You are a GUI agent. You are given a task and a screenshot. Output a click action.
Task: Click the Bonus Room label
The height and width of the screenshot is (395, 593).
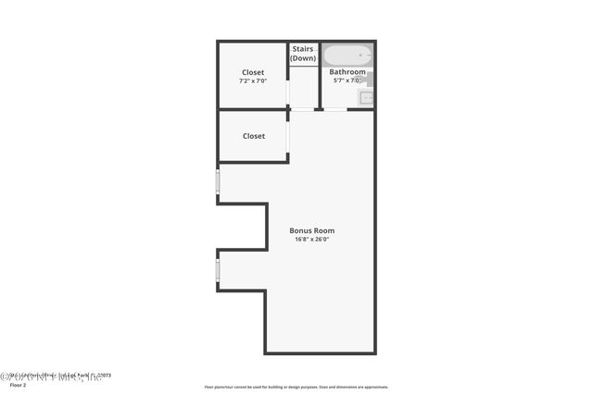311,230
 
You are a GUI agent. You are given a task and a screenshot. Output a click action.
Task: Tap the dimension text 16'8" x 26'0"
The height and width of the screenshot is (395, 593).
311,240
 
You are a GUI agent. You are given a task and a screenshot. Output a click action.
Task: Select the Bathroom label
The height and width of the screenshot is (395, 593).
347,71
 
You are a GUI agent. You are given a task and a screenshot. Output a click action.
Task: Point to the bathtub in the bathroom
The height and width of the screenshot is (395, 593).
346,55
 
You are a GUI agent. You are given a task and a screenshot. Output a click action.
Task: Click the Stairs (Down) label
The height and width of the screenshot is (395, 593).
303,54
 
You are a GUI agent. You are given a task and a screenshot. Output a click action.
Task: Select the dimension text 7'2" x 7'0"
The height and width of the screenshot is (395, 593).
253,81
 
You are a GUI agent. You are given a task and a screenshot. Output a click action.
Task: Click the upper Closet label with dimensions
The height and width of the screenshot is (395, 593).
253,72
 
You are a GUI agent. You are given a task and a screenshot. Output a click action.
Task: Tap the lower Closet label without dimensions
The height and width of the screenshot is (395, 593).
254,136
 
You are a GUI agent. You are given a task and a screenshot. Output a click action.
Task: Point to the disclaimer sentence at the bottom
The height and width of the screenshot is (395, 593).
296,387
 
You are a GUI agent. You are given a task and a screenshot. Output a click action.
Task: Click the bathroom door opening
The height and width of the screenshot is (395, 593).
334,110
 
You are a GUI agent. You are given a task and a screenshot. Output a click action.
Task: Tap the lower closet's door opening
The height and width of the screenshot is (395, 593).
288,135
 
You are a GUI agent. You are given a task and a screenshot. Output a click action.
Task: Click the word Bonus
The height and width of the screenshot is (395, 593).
301,230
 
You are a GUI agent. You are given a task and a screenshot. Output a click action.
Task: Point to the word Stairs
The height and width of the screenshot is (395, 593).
303,49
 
